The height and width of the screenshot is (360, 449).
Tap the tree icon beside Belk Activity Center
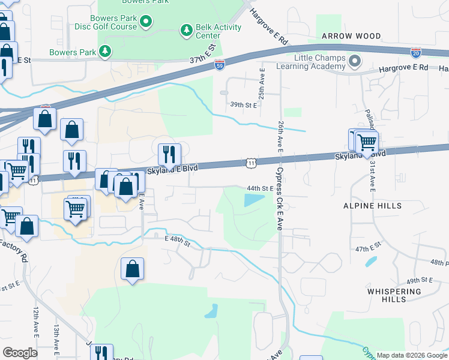[186, 29]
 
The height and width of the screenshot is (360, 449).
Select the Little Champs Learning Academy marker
[355, 61]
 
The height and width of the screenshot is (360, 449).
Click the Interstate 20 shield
[416, 53]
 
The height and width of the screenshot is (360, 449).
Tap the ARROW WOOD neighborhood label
[351, 36]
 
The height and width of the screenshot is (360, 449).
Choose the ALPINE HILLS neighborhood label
[373, 205]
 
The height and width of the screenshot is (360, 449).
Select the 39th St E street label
[244, 104]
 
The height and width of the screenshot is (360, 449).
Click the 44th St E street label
[261, 188]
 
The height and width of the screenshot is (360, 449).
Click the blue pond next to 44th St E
[255, 200]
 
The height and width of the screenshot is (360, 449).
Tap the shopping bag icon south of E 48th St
[132, 270]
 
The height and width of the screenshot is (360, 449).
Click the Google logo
[20, 353]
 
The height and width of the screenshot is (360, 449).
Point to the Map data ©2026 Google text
[412, 355]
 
